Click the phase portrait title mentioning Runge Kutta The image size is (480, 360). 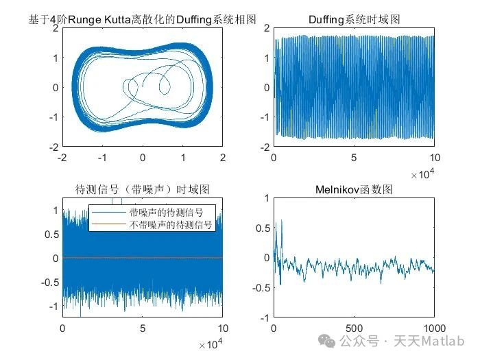coord(142,20)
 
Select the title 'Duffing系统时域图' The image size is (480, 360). coord(354,20)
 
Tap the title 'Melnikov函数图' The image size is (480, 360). coord(354,189)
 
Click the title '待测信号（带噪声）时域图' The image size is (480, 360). coord(142,189)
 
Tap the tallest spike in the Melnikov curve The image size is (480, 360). coord(281,221)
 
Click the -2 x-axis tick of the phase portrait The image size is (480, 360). coord(62,158)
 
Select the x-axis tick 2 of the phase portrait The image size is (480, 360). coord(222,158)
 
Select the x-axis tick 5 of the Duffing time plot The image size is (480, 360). coord(354,158)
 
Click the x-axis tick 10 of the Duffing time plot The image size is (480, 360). coord(433,158)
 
